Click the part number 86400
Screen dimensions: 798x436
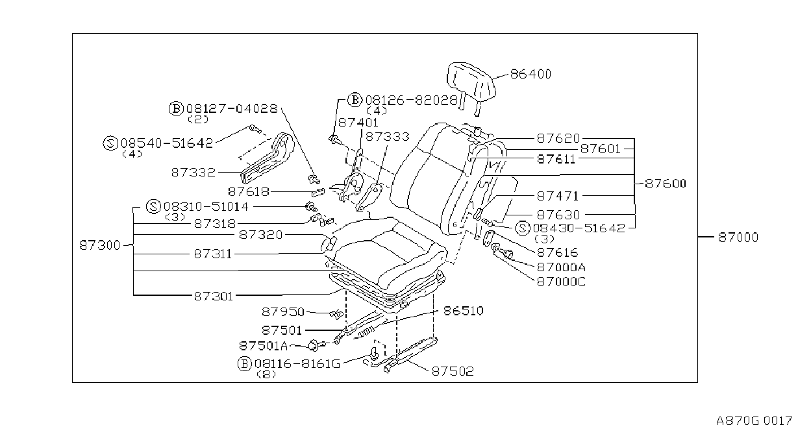(530, 74)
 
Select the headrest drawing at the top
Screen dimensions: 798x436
(471, 86)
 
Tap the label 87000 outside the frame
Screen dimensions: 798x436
(738, 237)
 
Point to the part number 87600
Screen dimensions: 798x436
(666, 184)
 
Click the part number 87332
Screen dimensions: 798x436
(193, 173)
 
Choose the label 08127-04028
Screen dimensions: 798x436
(232, 108)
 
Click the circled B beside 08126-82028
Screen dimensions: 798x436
(355, 100)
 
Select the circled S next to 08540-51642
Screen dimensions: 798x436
(110, 143)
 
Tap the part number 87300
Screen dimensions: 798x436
(100, 245)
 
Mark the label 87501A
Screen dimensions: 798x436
(263, 346)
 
